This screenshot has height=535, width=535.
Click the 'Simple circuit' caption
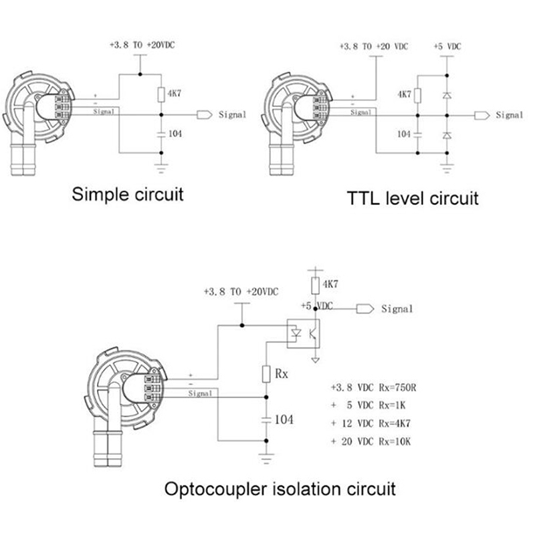pos(127,195)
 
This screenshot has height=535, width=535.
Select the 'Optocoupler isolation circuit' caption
pos(280,488)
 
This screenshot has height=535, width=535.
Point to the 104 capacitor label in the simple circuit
pos(175,134)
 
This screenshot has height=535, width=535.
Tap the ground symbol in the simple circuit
pos(160,163)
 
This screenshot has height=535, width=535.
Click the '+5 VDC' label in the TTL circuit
pos(447,47)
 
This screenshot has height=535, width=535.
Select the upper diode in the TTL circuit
pos(446,96)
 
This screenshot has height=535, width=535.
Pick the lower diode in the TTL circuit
pos(446,136)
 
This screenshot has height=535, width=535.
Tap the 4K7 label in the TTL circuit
pos(404,94)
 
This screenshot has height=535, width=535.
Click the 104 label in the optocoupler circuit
pos(284,419)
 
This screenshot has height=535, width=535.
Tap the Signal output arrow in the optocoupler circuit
pos(365,308)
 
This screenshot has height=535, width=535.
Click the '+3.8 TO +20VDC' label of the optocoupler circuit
pos(240,292)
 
